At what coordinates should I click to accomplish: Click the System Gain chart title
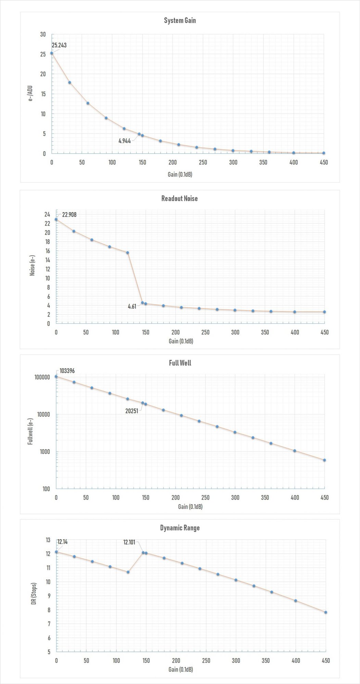(180, 21)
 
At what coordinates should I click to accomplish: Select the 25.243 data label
(59, 45)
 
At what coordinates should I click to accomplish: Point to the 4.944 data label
(125, 141)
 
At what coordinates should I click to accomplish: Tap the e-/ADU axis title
(31, 94)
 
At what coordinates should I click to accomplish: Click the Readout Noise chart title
(179, 198)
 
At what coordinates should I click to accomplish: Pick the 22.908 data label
(69, 215)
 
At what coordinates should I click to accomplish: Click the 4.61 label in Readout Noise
(132, 306)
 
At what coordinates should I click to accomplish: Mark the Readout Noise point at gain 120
(128, 253)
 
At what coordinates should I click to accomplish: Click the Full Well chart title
(180, 363)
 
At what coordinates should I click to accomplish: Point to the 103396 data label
(67, 371)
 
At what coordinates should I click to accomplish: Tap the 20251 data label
(132, 411)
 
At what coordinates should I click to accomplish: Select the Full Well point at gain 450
(324, 460)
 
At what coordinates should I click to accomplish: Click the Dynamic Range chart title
(180, 528)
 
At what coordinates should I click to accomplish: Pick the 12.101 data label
(129, 542)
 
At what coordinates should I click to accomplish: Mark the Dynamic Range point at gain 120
(128, 572)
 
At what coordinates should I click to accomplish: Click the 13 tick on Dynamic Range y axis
(48, 540)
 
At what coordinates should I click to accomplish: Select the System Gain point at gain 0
(52, 53)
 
